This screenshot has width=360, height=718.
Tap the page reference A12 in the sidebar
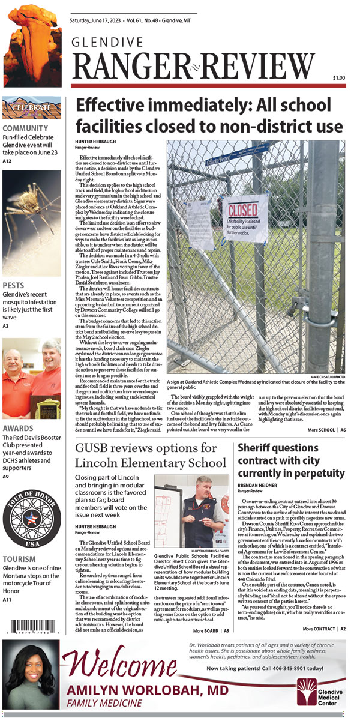tap(7, 161)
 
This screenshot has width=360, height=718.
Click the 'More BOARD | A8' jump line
tap(211, 631)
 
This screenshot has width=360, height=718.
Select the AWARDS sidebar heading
tap(18, 429)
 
